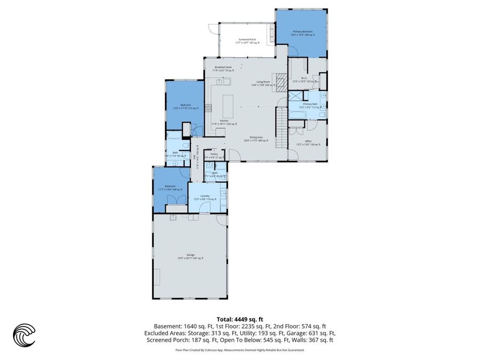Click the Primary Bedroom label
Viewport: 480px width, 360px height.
click(x=302, y=33)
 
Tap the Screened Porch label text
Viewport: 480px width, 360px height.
click(x=248, y=41)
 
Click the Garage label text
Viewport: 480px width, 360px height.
click(x=190, y=256)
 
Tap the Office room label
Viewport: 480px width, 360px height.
click(x=302, y=142)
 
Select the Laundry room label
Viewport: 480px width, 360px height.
click(x=204, y=197)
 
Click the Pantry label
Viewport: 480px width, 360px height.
click(x=213, y=155)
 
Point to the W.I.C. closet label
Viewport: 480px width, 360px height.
click(x=303, y=79)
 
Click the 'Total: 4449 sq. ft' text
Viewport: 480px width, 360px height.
click(x=239, y=318)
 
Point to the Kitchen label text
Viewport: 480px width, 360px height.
click(x=223, y=122)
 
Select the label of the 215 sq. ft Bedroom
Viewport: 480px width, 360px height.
click(x=185, y=106)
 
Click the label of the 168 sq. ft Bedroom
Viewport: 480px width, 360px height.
click(x=170, y=187)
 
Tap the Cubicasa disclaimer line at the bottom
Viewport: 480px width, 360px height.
click(x=239, y=350)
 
